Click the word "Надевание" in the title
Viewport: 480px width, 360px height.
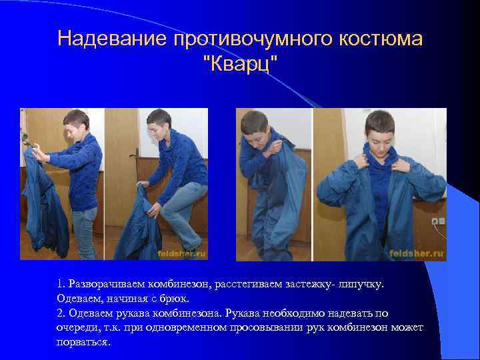click(113, 39)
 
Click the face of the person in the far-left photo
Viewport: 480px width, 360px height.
click(74, 126)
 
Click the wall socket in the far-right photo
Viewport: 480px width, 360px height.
click(437, 220)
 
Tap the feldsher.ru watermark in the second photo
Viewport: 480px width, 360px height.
click(181, 253)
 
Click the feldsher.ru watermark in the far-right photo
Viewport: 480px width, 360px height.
click(418, 253)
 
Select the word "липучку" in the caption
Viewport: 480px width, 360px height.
click(361, 285)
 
